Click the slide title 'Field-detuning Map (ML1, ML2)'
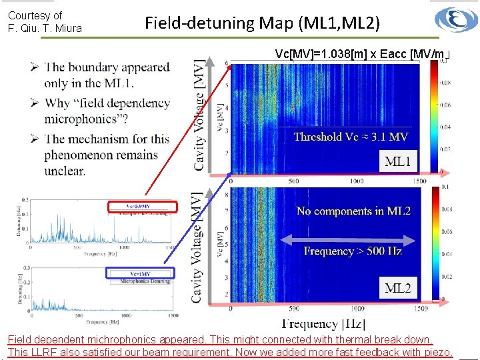click(x=263, y=23)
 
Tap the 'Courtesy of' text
click(x=35, y=15)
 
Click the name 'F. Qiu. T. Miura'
click(x=45, y=28)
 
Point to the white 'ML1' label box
click(x=398, y=160)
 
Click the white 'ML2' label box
click(x=398, y=288)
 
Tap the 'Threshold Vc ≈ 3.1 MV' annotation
click(x=351, y=137)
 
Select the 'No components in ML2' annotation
click(x=353, y=211)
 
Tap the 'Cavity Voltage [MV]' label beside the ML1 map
click(x=198, y=115)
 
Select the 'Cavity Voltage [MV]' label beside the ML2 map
click(x=198, y=247)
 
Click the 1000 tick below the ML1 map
click(x=357, y=181)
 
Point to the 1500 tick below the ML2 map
click(x=420, y=309)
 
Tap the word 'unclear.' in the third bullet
click(x=65, y=171)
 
